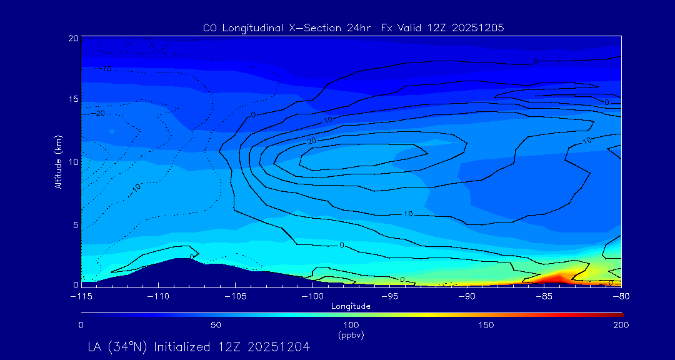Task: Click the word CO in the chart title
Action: pos(210,28)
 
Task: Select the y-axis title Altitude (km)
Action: pos(59,162)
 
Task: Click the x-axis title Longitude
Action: pos(351,306)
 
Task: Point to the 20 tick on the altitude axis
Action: pos(73,38)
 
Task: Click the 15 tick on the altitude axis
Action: pos(73,99)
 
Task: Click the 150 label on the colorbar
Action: pos(486,325)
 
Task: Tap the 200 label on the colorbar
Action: pos(621,325)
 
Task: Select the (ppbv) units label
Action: pos(351,335)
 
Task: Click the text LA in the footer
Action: pos(95,346)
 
